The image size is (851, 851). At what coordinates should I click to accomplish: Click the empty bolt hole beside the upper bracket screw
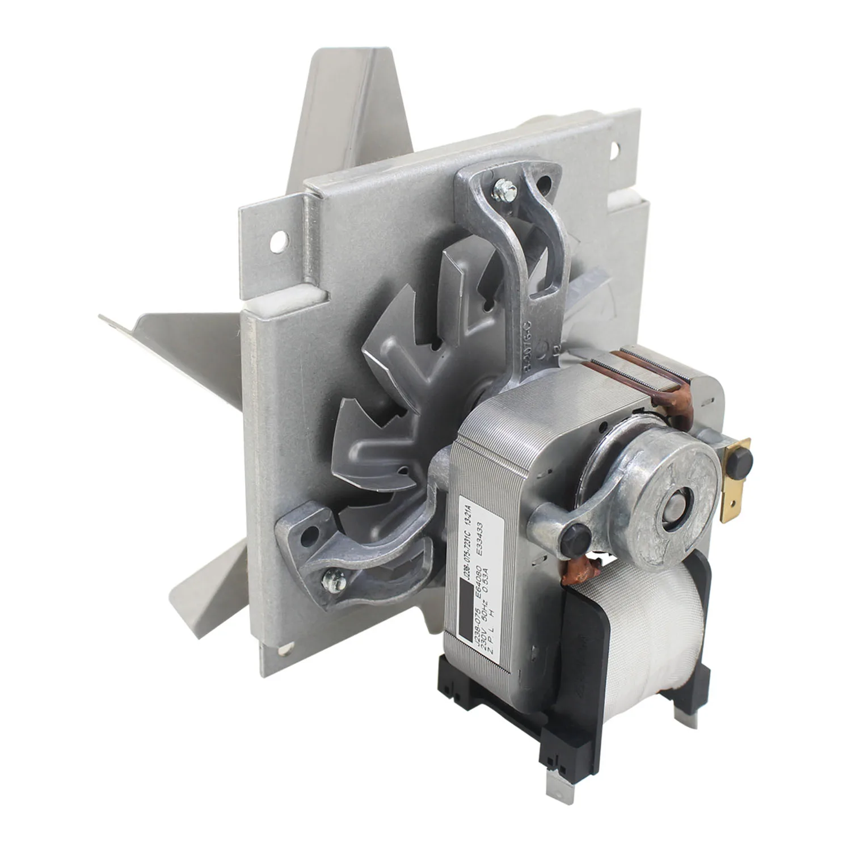coord(544,183)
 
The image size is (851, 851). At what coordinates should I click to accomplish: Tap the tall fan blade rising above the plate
coord(346,113)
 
